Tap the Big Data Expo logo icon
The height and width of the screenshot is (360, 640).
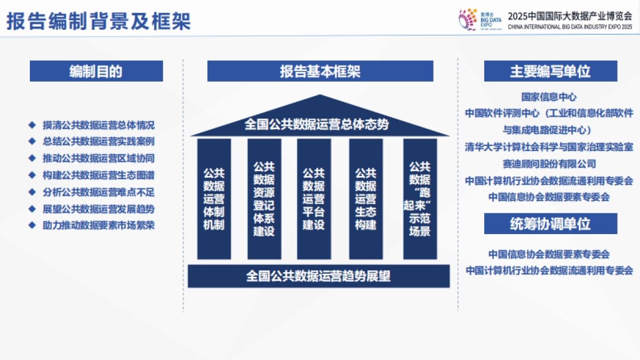[x=468, y=19]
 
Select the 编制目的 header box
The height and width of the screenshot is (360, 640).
[x=96, y=71]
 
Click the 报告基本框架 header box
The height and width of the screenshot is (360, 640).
[x=320, y=71]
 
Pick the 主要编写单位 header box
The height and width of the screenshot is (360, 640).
[x=550, y=71]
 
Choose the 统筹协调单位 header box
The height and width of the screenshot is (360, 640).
[x=550, y=223]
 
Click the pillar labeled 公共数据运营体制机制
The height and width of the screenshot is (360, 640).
[x=214, y=199]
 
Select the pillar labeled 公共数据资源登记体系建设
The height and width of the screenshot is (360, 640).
[x=264, y=199]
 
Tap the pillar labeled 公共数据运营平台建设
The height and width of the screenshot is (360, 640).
[x=314, y=199]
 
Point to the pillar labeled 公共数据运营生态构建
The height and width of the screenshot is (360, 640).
[x=366, y=199]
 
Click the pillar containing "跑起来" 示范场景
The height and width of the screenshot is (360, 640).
[x=419, y=199]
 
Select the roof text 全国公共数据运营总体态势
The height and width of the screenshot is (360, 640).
[x=317, y=125]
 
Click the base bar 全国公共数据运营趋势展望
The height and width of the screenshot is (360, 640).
[x=318, y=276]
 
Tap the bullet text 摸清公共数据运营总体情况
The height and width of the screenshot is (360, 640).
[x=99, y=126]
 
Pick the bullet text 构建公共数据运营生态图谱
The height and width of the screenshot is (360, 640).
[x=99, y=175]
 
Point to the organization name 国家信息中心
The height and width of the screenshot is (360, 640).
[x=549, y=97]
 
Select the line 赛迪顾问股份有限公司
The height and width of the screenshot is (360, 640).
[x=549, y=164]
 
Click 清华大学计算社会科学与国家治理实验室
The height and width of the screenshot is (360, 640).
[x=549, y=147]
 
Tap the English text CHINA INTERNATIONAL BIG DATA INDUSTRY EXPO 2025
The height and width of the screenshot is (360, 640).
[x=570, y=26]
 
